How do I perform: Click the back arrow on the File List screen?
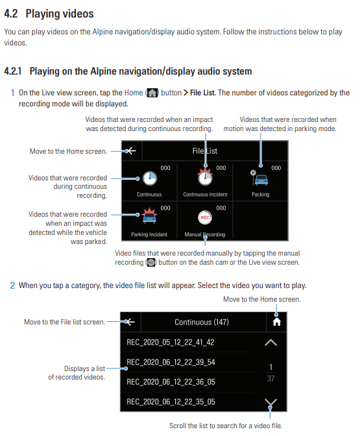(x=130, y=151)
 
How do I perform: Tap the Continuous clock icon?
(x=150, y=178)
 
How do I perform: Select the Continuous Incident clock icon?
(x=205, y=177)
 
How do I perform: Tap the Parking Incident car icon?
(x=149, y=215)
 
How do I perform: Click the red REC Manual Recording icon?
(x=205, y=217)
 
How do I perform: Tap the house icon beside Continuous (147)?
(x=276, y=322)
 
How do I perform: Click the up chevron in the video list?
(x=270, y=343)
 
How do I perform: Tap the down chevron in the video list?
(x=270, y=402)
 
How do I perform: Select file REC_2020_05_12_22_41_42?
(x=171, y=343)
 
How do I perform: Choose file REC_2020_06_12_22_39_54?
(x=171, y=362)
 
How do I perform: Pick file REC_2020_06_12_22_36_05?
(x=171, y=381)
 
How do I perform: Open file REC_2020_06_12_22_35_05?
(x=171, y=402)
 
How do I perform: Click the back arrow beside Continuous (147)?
(x=130, y=322)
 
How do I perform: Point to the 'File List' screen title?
(x=205, y=151)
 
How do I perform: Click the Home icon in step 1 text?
(x=152, y=93)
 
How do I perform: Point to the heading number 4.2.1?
(x=13, y=71)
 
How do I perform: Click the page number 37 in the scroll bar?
(x=270, y=378)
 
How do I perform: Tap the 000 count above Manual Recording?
(x=221, y=208)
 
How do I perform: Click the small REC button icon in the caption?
(x=151, y=262)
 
